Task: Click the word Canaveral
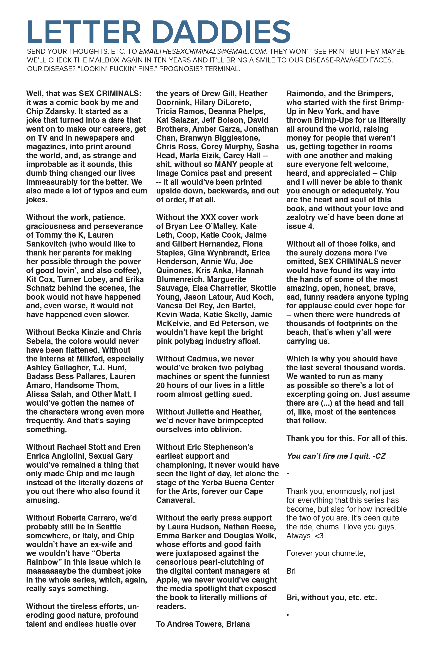pyautogui.click(x=175, y=500)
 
